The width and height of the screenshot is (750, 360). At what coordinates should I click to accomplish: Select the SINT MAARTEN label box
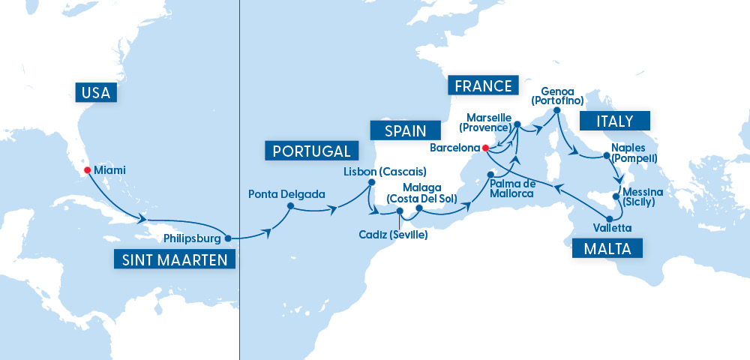(174, 259)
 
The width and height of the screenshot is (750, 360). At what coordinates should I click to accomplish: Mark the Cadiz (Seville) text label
(394, 235)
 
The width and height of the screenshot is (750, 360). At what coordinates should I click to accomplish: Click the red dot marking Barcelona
(486, 148)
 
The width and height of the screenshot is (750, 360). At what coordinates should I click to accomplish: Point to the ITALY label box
(614, 121)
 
